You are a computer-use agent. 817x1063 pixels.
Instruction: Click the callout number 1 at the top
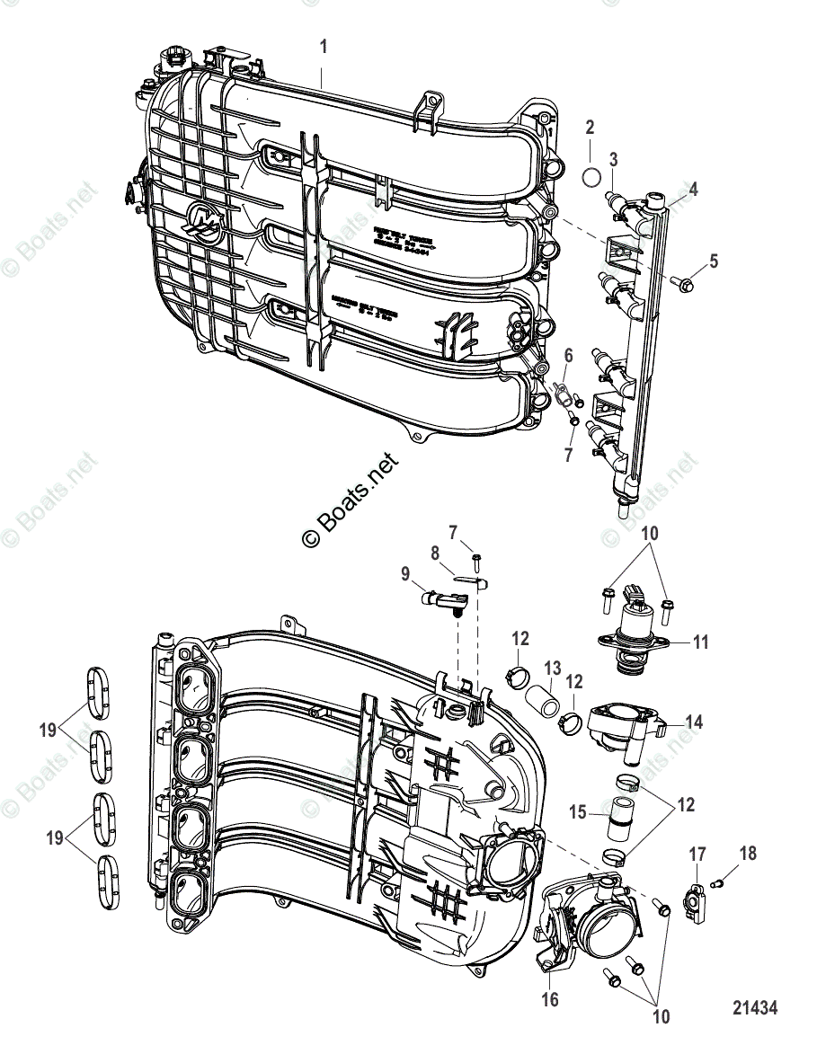[x=324, y=45]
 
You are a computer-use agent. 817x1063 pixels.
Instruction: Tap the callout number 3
[x=613, y=159]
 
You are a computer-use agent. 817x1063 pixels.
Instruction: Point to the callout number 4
[x=693, y=190]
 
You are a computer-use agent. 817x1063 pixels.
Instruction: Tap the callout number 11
[x=701, y=642]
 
